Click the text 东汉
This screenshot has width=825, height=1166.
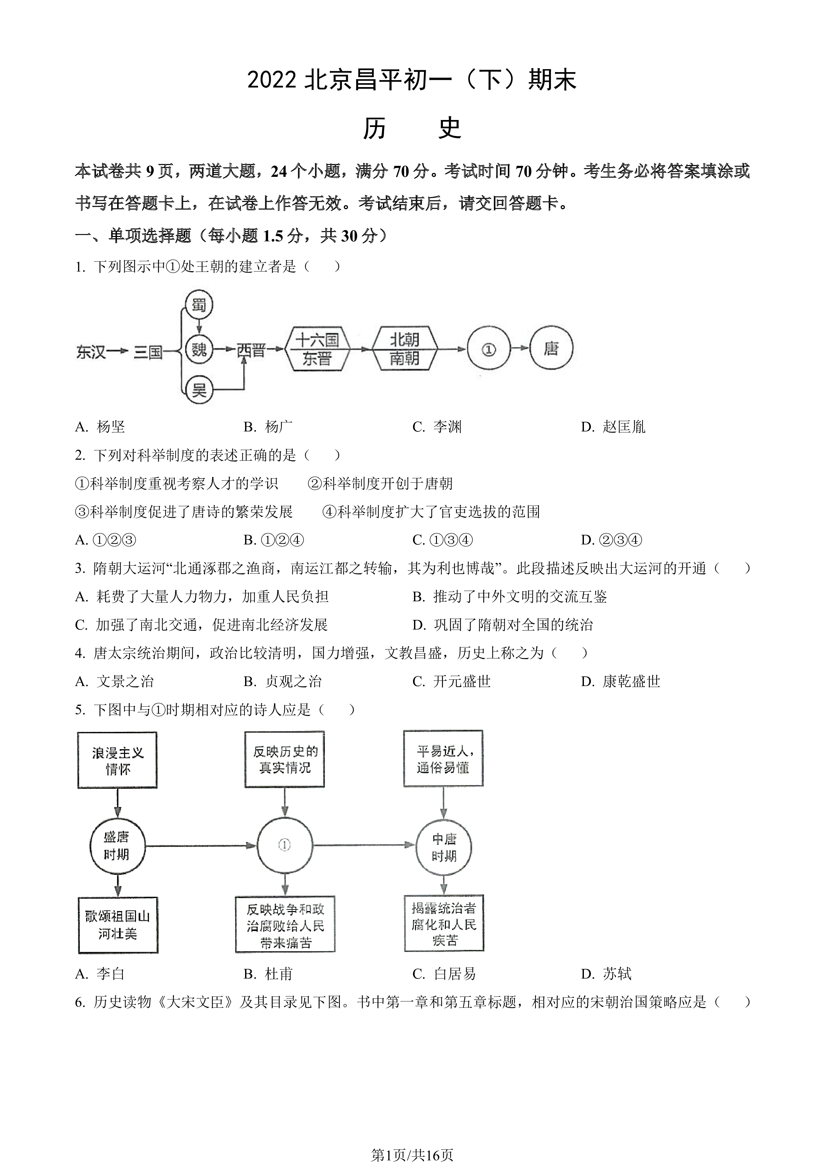click(91, 351)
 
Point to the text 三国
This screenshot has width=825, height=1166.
click(148, 351)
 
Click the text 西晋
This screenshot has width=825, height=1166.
click(251, 350)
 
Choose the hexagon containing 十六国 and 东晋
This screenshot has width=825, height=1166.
click(318, 349)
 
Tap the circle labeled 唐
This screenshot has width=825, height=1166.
click(551, 348)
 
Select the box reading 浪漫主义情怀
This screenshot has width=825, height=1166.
click(117, 760)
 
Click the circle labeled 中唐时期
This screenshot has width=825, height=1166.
click(444, 847)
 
